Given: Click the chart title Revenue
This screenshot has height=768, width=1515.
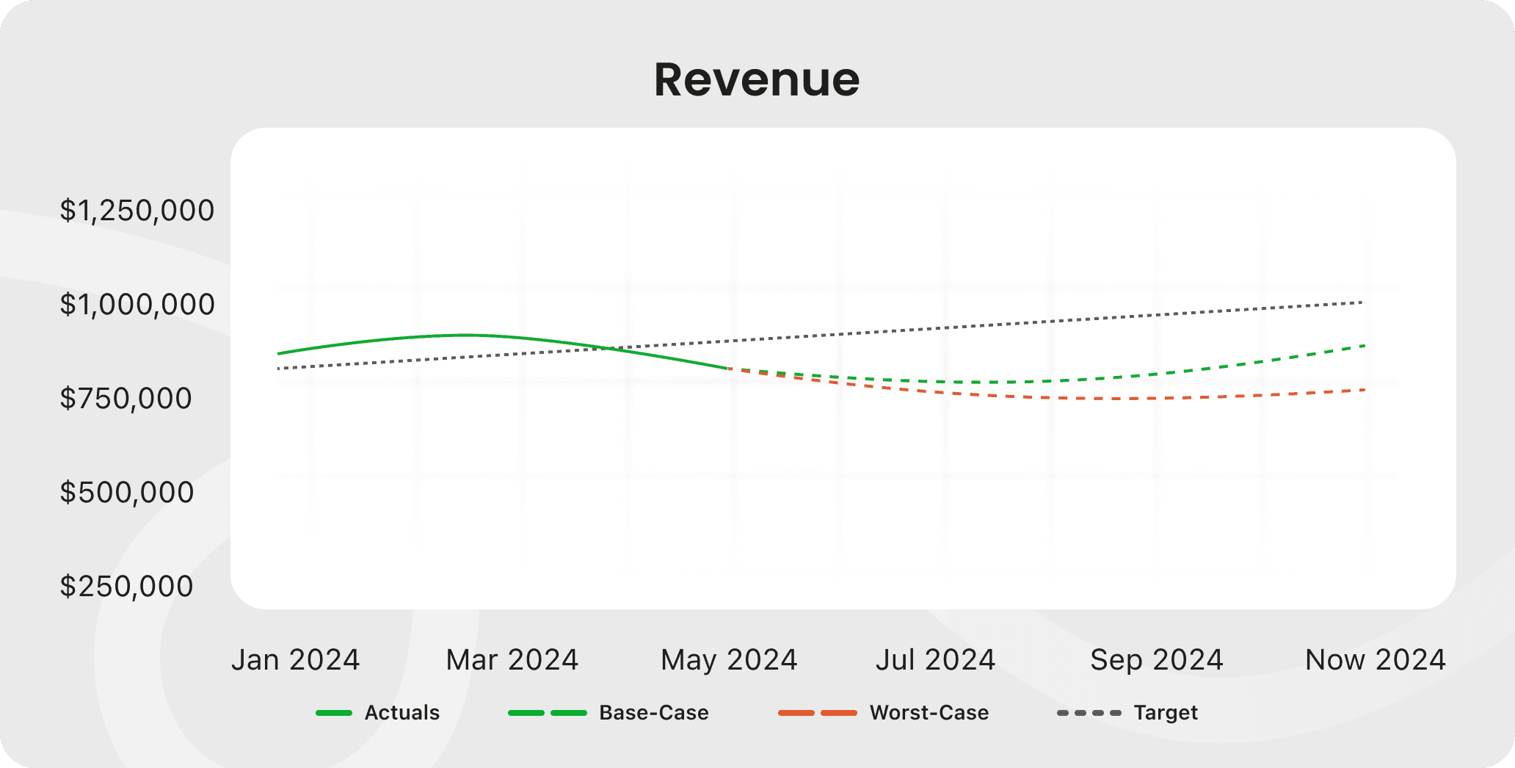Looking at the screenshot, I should click(x=757, y=79).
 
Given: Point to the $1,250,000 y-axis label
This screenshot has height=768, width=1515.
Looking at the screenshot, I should click(x=137, y=211).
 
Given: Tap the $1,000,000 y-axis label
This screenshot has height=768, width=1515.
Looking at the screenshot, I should click(x=137, y=305).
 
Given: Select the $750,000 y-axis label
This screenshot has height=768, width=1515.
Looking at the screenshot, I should click(x=126, y=399).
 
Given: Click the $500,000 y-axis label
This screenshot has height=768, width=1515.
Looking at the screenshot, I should click(x=126, y=493).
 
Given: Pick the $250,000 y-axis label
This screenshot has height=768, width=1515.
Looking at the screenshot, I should click(x=126, y=587).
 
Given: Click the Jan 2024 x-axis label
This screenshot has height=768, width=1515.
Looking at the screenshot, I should click(x=295, y=660).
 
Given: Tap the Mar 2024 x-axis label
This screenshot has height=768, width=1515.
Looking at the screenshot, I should click(x=512, y=660).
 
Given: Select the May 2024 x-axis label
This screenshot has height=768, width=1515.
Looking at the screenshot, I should click(x=729, y=660).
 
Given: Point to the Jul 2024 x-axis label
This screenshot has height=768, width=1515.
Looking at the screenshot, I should click(x=935, y=660).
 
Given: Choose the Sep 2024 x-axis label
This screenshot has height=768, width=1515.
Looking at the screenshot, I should click(x=1157, y=660).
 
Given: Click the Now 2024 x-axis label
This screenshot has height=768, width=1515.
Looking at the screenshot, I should click(x=1375, y=660).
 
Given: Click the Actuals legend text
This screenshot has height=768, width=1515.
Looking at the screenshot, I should click(x=402, y=713).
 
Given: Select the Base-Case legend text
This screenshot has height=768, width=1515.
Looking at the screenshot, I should click(x=653, y=713).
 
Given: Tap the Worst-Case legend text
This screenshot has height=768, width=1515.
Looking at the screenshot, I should click(x=929, y=713).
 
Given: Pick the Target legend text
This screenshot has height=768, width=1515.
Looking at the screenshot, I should click(x=1165, y=713).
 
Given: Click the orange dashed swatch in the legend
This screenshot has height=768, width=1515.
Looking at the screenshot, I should click(x=817, y=713).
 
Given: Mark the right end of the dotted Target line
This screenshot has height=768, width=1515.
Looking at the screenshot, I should click(x=1362, y=303).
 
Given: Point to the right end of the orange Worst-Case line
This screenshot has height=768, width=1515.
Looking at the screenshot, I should click(x=1364, y=390).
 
